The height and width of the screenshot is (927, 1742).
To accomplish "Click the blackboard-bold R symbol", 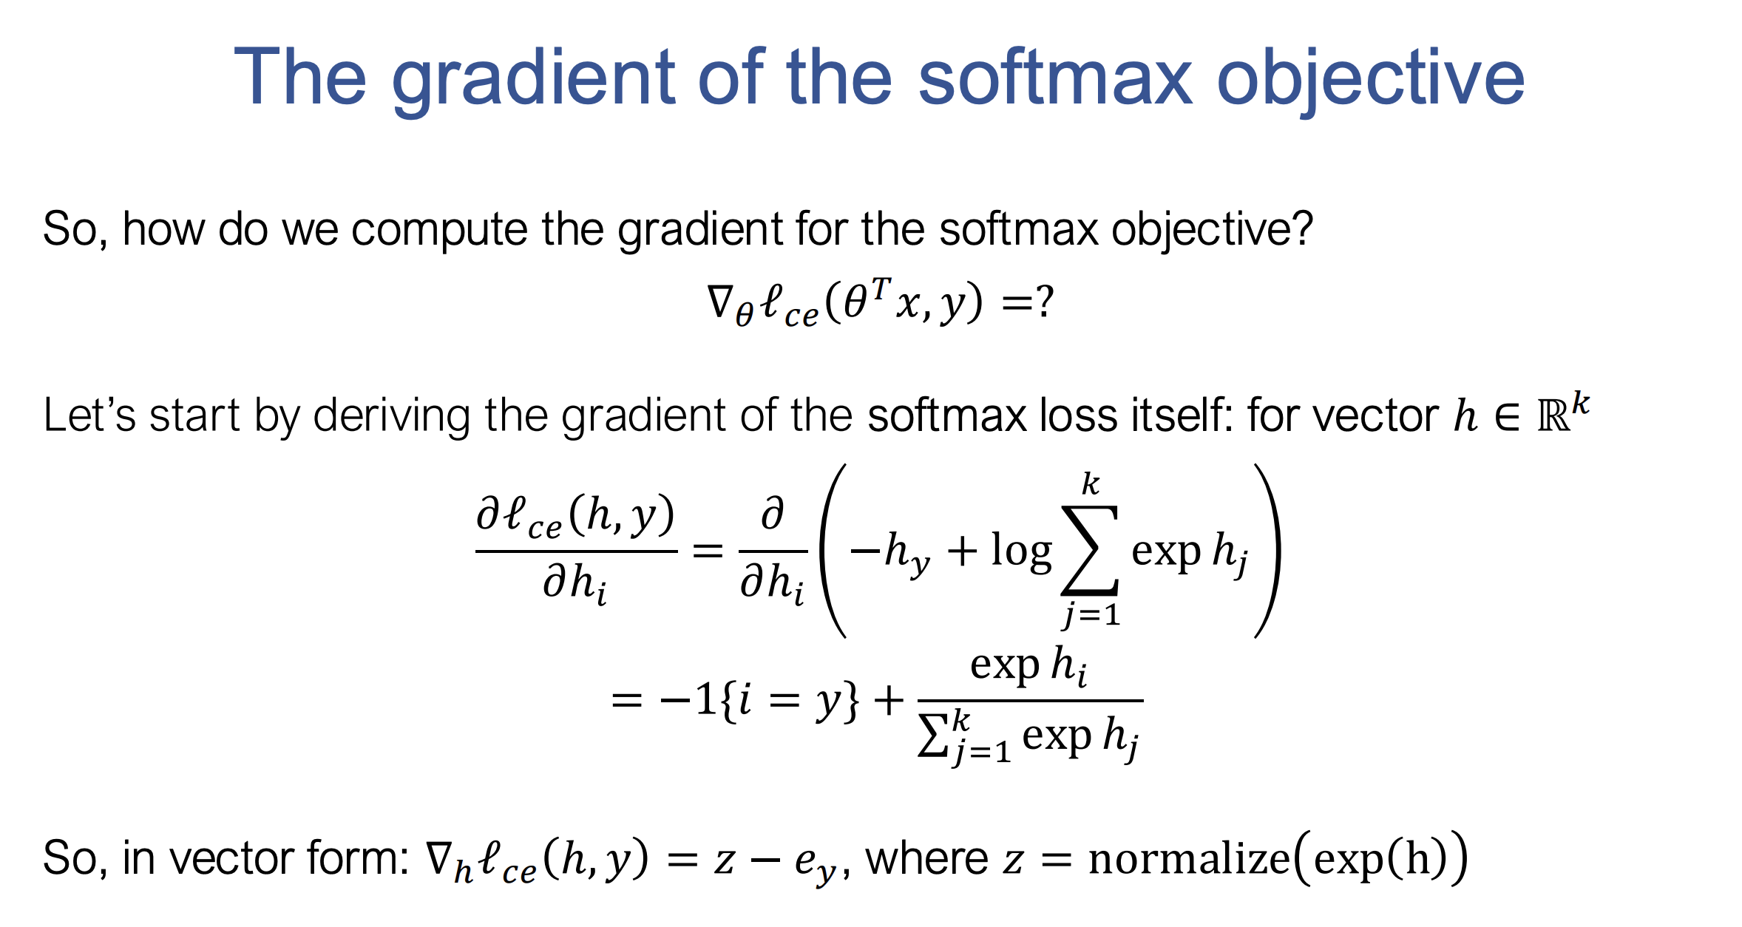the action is point(1553,416).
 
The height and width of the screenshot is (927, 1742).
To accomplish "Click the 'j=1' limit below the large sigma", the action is point(1091,614).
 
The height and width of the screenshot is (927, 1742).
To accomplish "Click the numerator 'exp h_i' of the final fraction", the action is point(1028,666).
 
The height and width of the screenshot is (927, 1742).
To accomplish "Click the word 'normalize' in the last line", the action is point(1189,859).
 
